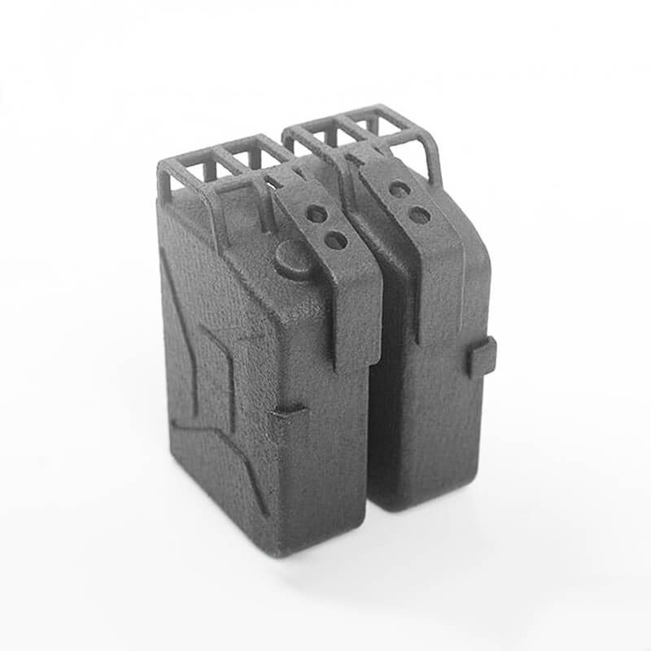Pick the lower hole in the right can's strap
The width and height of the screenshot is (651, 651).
pos(419,215)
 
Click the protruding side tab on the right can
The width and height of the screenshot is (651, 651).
pos(481,357)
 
